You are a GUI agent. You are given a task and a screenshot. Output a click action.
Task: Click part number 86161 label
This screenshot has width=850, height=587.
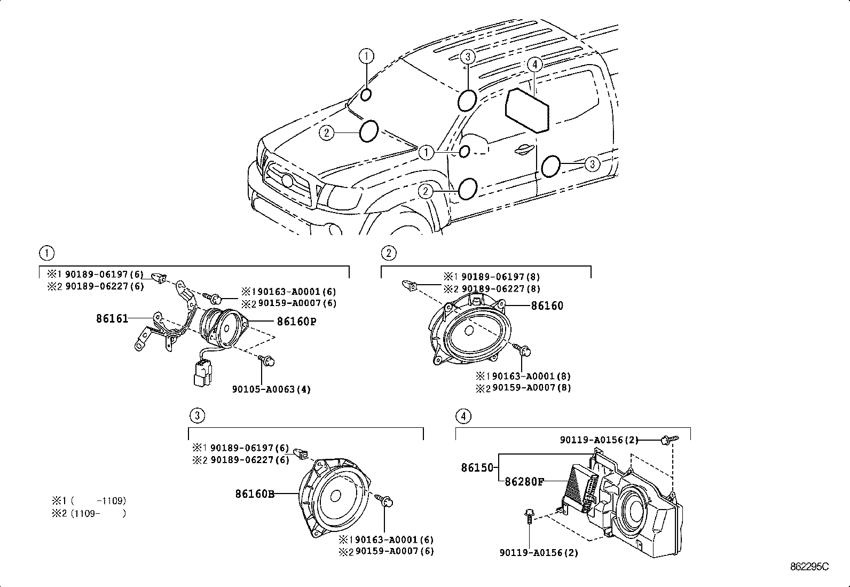pyautogui.click(x=112, y=319)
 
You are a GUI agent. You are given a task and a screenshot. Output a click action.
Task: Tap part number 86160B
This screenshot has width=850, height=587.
pyautogui.click(x=255, y=495)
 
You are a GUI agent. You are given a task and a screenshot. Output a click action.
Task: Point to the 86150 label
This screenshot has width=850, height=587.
pyautogui.click(x=477, y=468)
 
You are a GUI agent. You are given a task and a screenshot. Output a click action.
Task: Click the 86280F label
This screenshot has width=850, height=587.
pyautogui.click(x=524, y=482)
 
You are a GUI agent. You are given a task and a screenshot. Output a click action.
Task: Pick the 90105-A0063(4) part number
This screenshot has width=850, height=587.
pyautogui.click(x=271, y=389)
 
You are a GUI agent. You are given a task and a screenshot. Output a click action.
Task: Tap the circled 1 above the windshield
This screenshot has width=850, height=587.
pyautogui.click(x=366, y=56)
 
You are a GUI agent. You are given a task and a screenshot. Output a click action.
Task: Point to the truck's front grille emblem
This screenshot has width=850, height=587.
pyautogui.click(x=287, y=181)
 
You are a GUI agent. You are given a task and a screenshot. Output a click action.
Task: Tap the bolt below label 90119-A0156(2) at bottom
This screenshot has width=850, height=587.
pyautogui.click(x=528, y=516)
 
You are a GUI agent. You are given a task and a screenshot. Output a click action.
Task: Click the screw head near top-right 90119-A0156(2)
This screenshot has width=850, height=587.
pyautogui.click(x=666, y=439)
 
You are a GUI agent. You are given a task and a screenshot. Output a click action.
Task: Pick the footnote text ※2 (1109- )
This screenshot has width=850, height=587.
pyautogui.click(x=89, y=514)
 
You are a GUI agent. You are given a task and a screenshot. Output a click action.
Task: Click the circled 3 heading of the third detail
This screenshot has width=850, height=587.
pyautogui.click(x=197, y=415)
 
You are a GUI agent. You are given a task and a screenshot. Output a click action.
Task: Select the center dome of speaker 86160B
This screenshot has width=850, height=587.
pyautogui.click(x=337, y=495)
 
